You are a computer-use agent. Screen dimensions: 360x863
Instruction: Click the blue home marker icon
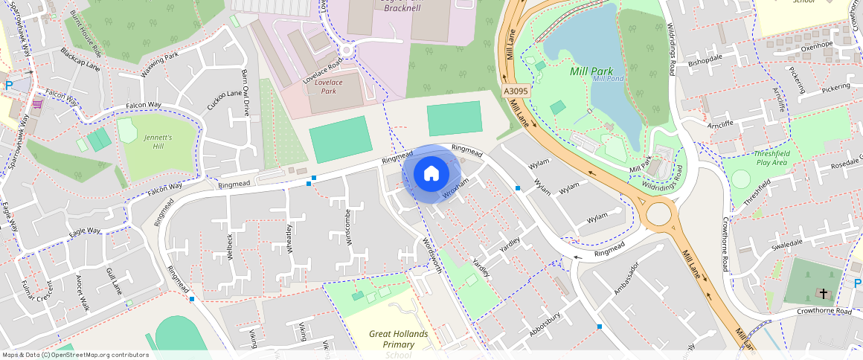point(431,174)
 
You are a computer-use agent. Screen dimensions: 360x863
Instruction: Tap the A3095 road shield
point(516,91)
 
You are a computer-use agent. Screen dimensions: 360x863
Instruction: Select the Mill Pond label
point(608,79)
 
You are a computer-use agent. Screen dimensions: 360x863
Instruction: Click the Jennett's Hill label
point(158,142)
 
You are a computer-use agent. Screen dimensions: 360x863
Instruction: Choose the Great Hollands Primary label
point(398,339)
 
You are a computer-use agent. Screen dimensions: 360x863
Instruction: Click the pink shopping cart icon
point(36,103)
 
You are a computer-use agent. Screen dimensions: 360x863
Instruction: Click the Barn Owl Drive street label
point(246,93)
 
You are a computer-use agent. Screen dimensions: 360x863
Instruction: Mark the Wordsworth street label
point(431,255)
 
